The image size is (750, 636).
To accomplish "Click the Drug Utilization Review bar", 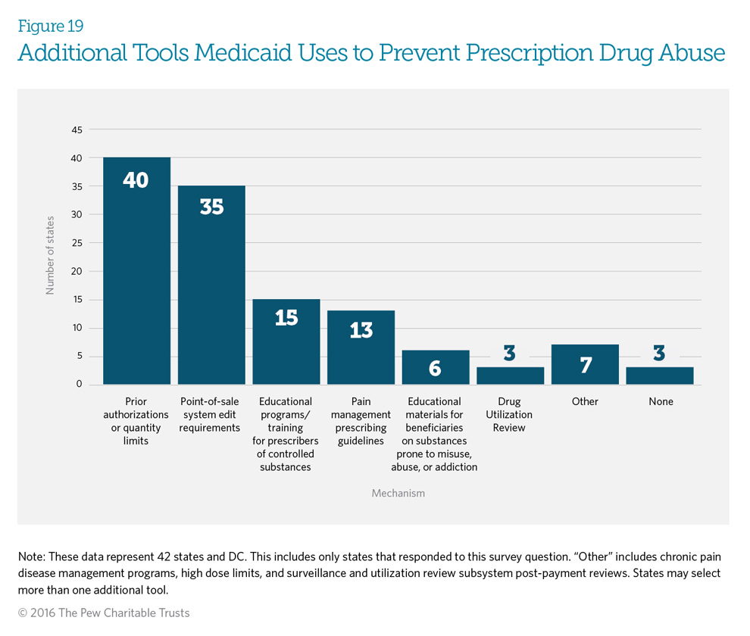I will point(510,376).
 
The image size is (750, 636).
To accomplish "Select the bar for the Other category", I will point(585,364).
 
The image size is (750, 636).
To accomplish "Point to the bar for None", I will point(659,376).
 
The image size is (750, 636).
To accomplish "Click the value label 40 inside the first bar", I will point(136,181).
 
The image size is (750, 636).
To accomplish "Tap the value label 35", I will point(211,207).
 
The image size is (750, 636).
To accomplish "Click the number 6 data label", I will point(436,369).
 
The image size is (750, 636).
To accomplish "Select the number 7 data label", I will point(585,365).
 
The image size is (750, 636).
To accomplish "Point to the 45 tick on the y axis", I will point(77,129).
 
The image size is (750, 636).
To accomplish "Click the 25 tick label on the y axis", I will point(77,243).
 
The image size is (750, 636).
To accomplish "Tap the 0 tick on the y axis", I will point(79,385).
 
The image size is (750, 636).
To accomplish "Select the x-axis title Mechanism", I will point(398,493).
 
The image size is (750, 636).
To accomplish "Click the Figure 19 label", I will point(51,26).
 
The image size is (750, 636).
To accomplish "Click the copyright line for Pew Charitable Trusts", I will point(104,613).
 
